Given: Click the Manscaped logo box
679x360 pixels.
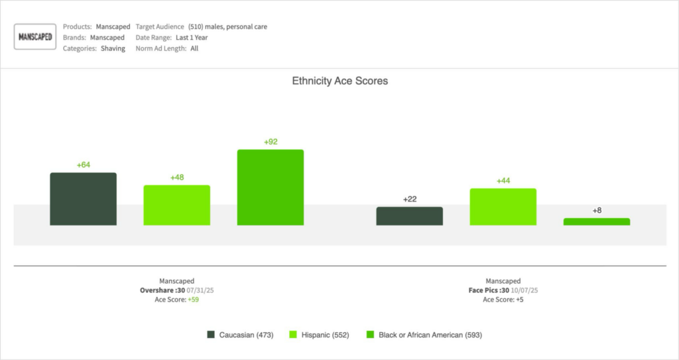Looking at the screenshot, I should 35,37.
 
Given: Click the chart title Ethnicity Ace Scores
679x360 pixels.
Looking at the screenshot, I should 339,81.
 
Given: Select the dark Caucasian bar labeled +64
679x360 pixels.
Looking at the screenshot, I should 83,199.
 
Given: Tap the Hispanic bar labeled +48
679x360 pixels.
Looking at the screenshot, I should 176,205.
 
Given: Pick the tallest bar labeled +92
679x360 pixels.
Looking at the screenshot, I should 271,188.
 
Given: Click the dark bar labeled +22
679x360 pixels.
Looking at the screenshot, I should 409,216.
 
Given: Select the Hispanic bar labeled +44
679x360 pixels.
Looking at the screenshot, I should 503,207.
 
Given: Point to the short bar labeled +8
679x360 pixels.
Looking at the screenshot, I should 597,221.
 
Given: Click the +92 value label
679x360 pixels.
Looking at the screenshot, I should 271,142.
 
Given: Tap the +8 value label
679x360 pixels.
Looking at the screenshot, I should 597,210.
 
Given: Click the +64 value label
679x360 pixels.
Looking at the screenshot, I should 83,165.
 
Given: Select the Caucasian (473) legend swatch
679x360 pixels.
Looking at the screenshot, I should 212,335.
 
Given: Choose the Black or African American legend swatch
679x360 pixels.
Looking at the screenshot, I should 371,335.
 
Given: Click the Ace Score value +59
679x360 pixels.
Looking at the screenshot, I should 193,300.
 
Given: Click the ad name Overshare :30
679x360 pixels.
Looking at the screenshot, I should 157,290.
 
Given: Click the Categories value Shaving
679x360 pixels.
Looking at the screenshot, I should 113,48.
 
